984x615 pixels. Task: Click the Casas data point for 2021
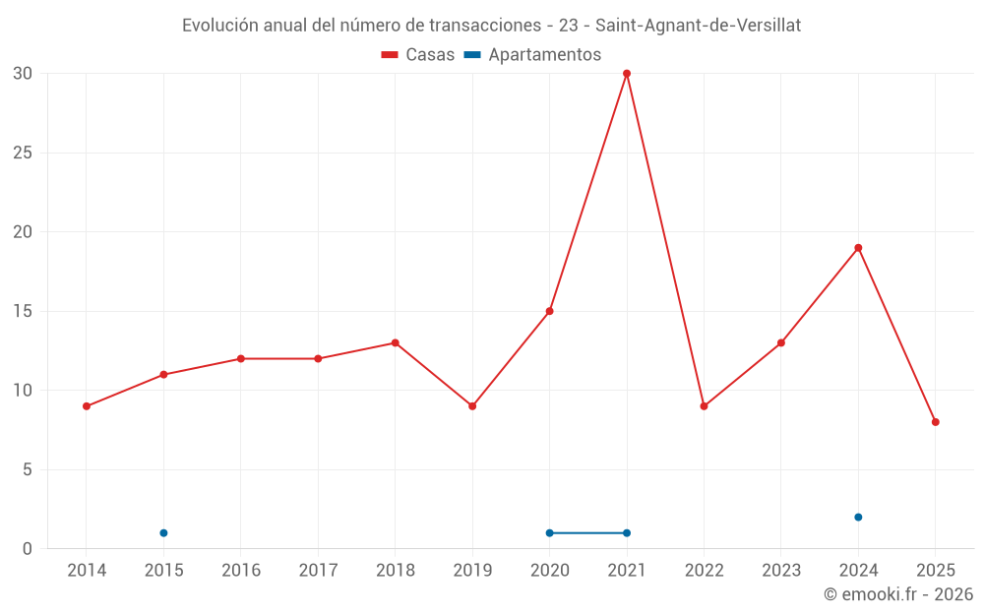[x=627, y=74]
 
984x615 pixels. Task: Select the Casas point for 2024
[x=858, y=248]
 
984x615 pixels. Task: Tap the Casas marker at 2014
[x=87, y=406]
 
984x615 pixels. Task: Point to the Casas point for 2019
[x=472, y=406]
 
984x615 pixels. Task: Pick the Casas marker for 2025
[x=936, y=422]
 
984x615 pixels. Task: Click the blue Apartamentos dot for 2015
[x=163, y=533]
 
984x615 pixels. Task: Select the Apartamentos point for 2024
[x=858, y=518]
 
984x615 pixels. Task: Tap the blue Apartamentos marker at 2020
[x=549, y=533]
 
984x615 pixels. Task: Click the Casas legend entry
[x=418, y=55]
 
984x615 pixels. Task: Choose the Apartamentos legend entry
[x=532, y=55]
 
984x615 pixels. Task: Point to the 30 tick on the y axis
[x=24, y=74]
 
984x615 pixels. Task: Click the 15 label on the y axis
[x=24, y=311]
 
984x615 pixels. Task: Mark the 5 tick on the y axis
[x=28, y=469]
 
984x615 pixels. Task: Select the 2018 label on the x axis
[x=395, y=570]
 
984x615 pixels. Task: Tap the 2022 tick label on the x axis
[x=704, y=570]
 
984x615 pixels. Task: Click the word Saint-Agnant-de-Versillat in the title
[x=698, y=26]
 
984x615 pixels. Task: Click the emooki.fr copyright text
[x=898, y=594]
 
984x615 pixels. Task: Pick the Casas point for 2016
[x=241, y=359]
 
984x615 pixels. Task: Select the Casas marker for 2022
[x=704, y=406]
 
